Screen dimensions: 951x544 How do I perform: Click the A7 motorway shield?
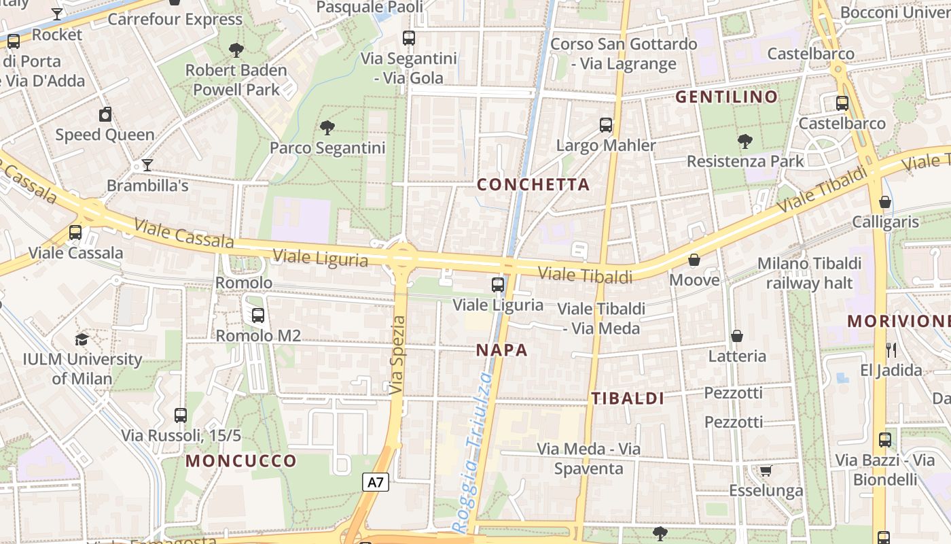376,483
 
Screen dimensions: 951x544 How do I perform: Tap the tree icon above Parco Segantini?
327,127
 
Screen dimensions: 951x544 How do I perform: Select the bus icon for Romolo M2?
258,315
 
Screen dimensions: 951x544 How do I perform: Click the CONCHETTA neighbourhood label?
533,184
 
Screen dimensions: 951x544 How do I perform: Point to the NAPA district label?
501,350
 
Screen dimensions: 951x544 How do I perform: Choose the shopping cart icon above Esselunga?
766,471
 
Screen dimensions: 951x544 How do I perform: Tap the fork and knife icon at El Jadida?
891,350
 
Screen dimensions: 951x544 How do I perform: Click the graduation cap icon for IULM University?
82,339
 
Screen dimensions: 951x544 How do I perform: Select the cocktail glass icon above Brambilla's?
147,165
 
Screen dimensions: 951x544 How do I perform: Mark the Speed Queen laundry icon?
105,114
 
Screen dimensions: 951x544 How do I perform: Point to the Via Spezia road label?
398,356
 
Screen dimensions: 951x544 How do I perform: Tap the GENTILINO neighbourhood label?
726,97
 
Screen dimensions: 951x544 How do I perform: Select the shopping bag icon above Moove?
694,260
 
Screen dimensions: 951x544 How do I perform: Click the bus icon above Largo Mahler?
606,125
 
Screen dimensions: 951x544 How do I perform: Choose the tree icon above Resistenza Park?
745,141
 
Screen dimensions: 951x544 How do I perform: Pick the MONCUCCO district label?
241,461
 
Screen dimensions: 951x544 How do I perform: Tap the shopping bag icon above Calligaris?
885,202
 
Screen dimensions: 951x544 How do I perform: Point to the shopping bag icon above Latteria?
737,336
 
